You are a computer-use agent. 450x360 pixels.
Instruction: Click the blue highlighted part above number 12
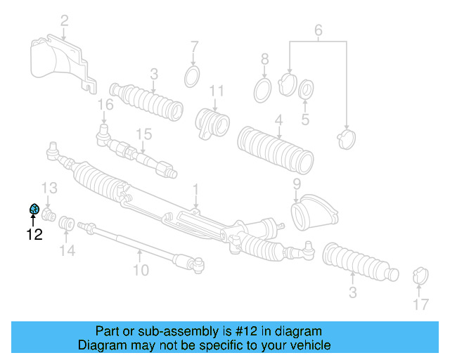click(33, 210)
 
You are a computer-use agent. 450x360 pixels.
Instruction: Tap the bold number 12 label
click(34, 235)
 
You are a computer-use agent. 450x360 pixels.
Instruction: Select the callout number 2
click(64, 22)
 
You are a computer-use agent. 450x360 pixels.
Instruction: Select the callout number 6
click(318, 30)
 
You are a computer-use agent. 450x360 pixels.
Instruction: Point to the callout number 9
click(297, 184)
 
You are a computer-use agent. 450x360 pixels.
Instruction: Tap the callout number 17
click(420, 304)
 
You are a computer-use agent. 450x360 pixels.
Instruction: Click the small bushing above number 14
click(67, 224)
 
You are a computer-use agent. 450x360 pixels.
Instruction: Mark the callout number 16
click(105, 105)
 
